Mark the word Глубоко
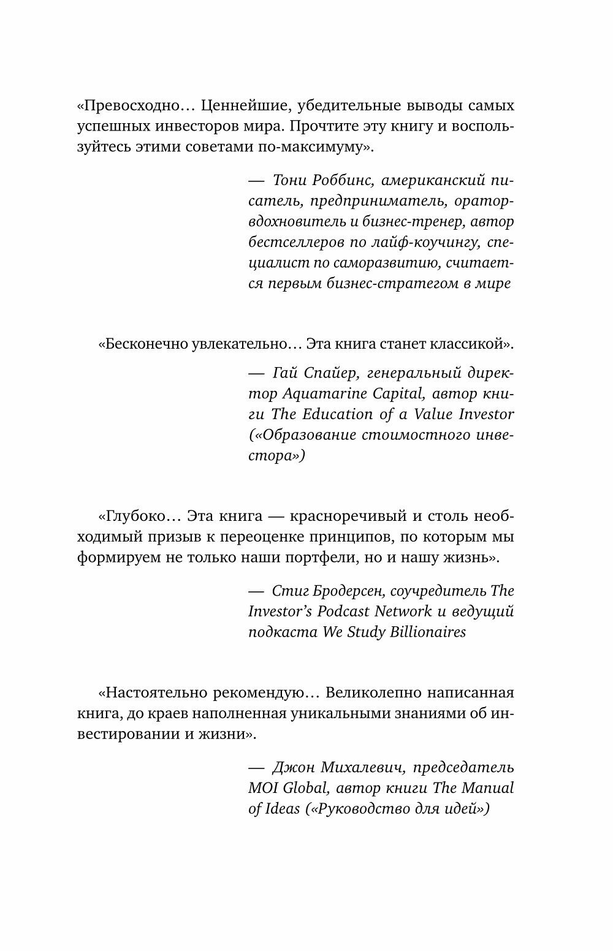coord(138,516)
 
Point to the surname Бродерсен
coord(361,591)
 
